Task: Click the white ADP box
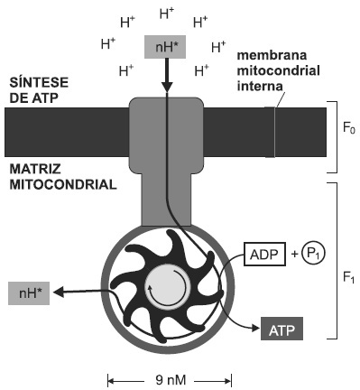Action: coord(264,255)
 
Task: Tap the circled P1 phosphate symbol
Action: coord(313,255)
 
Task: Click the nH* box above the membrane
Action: coord(165,47)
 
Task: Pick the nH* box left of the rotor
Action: coord(29,293)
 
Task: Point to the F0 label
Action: coord(349,128)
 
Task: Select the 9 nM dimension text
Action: coord(171,380)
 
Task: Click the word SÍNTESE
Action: coord(39,82)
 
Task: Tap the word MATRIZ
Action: coord(35,169)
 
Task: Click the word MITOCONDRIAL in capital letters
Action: coord(63,184)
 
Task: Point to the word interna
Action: coord(260,87)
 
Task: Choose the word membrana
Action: coord(272,55)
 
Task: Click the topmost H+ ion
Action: coord(167,14)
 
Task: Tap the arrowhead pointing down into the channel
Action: coord(166,87)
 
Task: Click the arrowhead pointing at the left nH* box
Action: coord(59,292)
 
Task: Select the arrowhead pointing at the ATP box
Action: coord(255,328)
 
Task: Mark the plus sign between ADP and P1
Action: coord(294,255)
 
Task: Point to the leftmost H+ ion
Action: coord(108,43)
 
